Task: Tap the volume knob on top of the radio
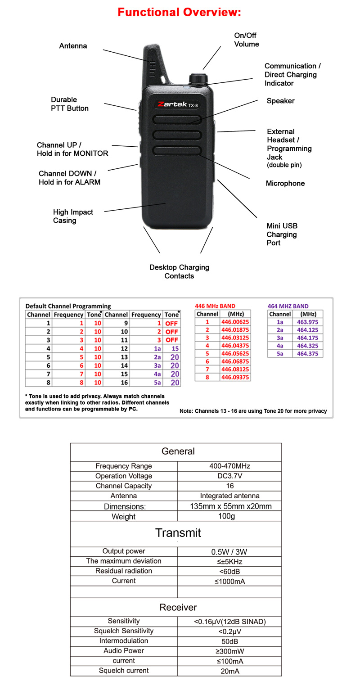196,78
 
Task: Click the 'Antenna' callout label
73,46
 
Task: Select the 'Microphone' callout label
285,183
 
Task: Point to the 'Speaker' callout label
280,101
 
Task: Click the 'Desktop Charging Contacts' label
179,271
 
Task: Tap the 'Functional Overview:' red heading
179,12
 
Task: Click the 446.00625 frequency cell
235,322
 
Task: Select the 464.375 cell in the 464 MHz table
307,354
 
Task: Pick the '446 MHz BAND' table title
215,306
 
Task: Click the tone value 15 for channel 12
175,348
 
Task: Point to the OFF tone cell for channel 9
171,323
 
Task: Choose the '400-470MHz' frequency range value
229,466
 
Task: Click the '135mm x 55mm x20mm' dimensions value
230,506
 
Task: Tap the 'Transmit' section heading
178,533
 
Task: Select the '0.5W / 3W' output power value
229,552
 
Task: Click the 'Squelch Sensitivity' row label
124,631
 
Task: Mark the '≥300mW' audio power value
229,651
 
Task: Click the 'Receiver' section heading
178,608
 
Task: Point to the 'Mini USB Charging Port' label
282,234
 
